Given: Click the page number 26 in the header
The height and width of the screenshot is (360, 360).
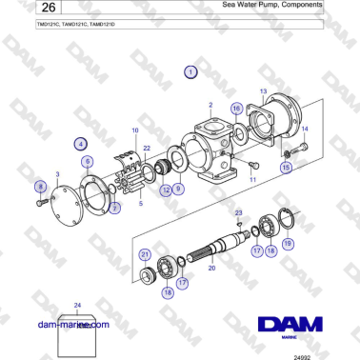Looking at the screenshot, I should tap(20, 10).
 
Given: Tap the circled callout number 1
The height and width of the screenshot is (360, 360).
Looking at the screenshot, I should tap(190, 71).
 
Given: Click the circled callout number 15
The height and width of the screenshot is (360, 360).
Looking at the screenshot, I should tap(285, 167).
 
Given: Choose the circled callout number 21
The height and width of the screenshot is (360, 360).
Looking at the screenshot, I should tap(145, 254).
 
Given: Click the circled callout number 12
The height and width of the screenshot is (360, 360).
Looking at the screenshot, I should tap(165, 190).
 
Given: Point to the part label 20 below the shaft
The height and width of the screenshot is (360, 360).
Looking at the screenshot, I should tap(211, 270).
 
